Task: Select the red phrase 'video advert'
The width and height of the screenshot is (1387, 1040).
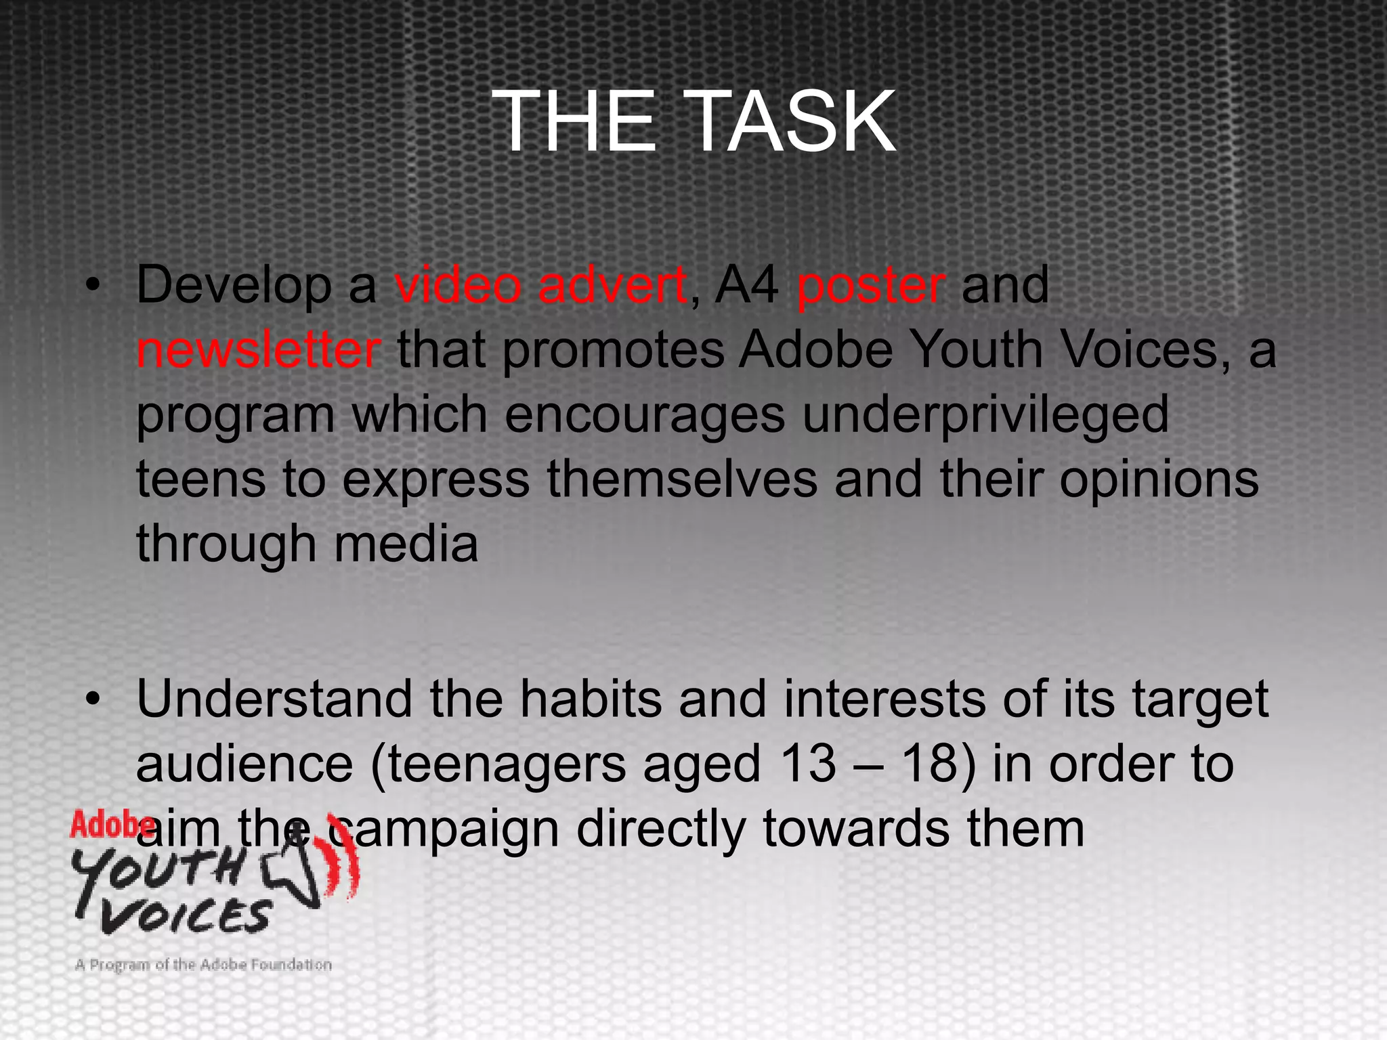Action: (540, 285)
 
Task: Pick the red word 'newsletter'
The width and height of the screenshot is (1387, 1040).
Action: (258, 350)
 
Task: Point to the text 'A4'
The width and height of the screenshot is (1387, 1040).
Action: (746, 285)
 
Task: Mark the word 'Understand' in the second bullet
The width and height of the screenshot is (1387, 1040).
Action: (274, 699)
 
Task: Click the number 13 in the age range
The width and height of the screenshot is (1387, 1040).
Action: (808, 764)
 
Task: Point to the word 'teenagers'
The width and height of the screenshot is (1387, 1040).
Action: (507, 766)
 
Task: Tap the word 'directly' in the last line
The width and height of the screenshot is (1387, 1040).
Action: (660, 830)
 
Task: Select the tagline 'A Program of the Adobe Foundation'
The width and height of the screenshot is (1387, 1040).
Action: (203, 964)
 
